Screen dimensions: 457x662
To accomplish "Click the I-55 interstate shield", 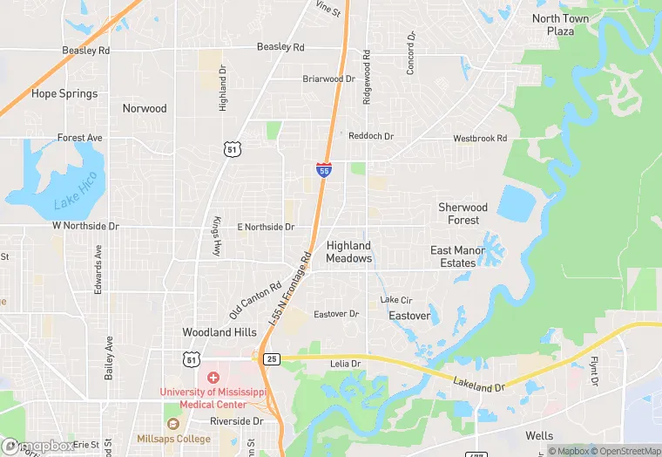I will click(x=323, y=169).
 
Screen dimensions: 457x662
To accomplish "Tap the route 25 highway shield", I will click(x=272, y=359).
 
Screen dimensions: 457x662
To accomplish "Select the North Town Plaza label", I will click(x=560, y=24).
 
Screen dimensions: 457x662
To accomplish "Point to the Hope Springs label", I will click(x=64, y=93).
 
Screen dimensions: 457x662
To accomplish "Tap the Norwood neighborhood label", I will click(x=145, y=108).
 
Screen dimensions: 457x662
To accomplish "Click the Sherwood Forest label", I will click(x=463, y=214).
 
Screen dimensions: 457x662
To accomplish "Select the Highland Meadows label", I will click(x=348, y=252).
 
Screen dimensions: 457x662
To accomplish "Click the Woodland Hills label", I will click(x=220, y=332).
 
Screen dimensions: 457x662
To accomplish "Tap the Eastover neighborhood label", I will click(x=409, y=315).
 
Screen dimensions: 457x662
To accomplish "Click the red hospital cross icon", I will click(x=213, y=377).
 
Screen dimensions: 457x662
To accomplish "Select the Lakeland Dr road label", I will click(x=478, y=382).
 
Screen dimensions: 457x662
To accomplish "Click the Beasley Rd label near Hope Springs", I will click(x=85, y=51).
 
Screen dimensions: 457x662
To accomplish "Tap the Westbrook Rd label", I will click(x=480, y=139).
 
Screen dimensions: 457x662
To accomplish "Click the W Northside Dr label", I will click(x=85, y=226).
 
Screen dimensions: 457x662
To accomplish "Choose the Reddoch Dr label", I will click(x=371, y=136).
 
